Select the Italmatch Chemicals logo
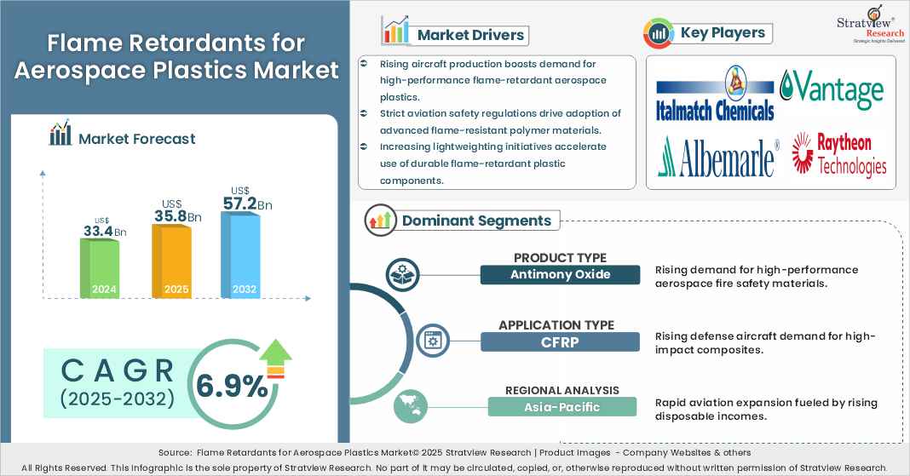tap(715, 96)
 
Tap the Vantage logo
tap(832, 89)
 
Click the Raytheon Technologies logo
tap(839, 154)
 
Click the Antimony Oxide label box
tap(559, 274)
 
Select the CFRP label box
tap(559, 341)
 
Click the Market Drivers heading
tap(471, 35)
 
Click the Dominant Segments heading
tap(476, 221)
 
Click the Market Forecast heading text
tap(136, 138)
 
